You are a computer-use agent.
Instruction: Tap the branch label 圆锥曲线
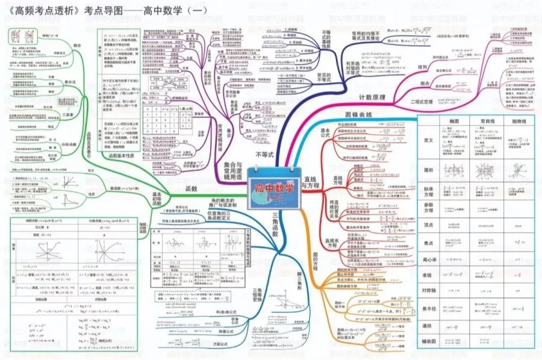pyautogui.click(x=360, y=114)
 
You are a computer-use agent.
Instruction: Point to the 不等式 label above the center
pyautogui.click(x=265, y=155)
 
